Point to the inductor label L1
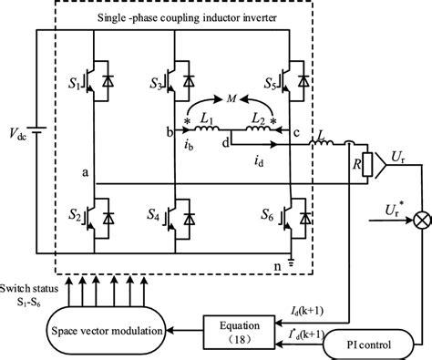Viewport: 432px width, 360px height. [206, 122]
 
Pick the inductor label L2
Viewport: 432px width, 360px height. [256, 122]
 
